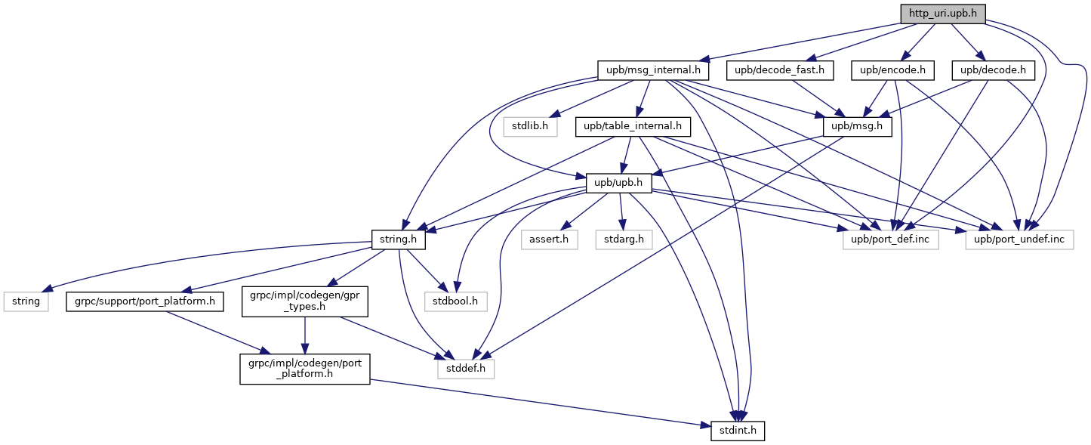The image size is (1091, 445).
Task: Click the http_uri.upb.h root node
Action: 942,14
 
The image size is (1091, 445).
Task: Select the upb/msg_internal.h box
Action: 653,70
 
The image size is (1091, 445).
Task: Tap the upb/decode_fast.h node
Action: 779,70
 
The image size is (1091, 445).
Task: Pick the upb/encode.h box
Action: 892,70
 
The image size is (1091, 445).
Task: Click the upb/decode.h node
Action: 993,70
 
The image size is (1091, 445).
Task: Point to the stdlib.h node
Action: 530,127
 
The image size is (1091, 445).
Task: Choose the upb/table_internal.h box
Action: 632,127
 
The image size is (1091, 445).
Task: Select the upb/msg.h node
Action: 857,127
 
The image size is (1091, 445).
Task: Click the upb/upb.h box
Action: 618,184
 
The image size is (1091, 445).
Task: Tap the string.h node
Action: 398,239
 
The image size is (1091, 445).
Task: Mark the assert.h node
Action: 549,239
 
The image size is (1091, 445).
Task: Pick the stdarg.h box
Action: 624,239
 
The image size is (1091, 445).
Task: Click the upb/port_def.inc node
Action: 890,239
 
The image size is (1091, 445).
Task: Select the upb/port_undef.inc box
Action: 1019,239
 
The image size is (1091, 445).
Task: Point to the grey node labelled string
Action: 26,301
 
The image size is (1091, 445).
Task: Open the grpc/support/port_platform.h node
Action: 145,301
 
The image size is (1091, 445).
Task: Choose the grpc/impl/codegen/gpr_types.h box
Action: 304,301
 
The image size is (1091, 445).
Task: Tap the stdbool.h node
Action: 455,301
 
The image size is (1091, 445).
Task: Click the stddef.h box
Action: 466,369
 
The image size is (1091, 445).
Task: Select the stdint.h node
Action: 738,431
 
